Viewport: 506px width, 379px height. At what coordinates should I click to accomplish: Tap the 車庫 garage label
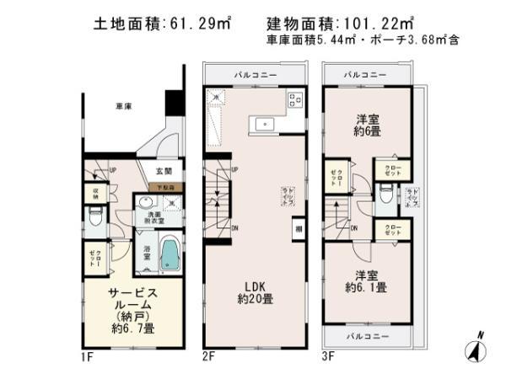coord(124,108)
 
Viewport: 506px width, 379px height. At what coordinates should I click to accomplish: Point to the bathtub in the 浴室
coord(170,255)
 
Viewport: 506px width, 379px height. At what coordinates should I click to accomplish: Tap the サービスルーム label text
coord(132,298)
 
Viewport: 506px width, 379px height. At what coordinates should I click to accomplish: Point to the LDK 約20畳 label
coord(255,291)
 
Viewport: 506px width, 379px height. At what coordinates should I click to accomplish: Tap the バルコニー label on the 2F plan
coord(256,74)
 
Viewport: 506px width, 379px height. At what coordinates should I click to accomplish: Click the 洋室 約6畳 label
coord(365,125)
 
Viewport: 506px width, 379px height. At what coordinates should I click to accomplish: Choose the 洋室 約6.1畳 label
coord(365,280)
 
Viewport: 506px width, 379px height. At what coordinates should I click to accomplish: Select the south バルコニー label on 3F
coord(365,335)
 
